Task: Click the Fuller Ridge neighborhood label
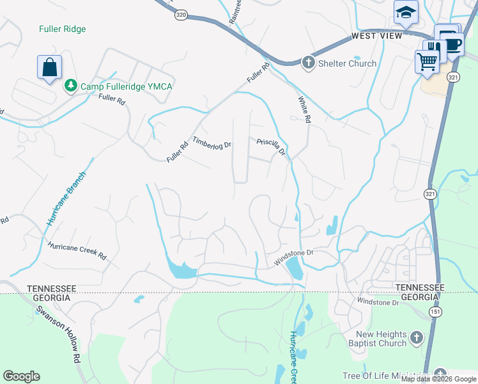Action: click(62, 29)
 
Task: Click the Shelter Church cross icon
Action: click(309, 63)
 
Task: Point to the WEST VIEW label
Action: click(376, 36)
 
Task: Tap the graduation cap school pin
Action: click(405, 13)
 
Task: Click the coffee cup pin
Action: click(452, 45)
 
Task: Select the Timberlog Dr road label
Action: click(212, 142)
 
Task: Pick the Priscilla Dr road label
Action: click(271, 148)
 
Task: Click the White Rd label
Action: click(304, 110)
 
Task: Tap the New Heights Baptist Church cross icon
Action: click(416, 337)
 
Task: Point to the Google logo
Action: click(21, 376)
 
